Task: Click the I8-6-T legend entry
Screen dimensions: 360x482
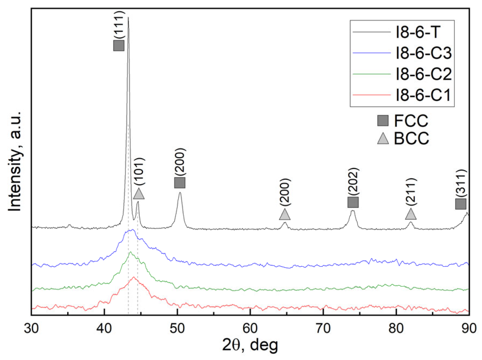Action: coord(418,32)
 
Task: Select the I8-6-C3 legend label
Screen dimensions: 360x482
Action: coord(424,53)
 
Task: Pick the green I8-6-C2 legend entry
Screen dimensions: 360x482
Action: coord(424,74)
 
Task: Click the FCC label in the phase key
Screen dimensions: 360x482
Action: coord(411,121)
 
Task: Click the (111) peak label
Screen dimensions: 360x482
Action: coord(119,25)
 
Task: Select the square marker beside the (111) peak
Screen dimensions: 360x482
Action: coord(119,46)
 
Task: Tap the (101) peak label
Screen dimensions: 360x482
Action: coord(139,171)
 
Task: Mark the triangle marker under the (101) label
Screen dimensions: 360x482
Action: coord(139,194)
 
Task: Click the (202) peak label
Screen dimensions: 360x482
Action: coord(353,181)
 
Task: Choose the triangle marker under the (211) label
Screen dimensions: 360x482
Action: coord(411,214)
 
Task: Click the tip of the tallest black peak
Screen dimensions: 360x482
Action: coord(128,18)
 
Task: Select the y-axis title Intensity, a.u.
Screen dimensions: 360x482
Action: coord(15,161)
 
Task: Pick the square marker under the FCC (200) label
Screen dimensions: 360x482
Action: coord(180,183)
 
